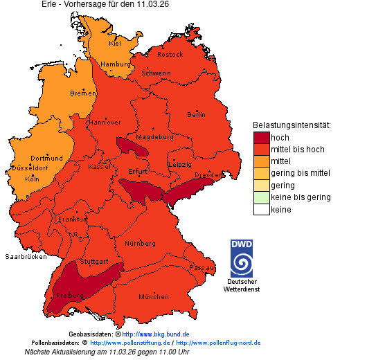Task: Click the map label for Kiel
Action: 115,43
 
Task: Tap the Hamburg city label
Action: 116,64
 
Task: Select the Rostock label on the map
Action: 170,54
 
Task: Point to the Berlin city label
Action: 196,114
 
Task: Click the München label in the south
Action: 153,297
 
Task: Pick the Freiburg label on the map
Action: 71,296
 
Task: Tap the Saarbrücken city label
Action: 26,256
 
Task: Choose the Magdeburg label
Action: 154,137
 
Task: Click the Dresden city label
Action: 208,176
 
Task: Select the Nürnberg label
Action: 140,244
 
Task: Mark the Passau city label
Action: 202,267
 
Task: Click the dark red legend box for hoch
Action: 261,138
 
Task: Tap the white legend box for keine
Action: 261,210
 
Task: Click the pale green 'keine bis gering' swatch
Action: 261,197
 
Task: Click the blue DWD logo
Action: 242,258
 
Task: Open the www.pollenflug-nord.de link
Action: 218,343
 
